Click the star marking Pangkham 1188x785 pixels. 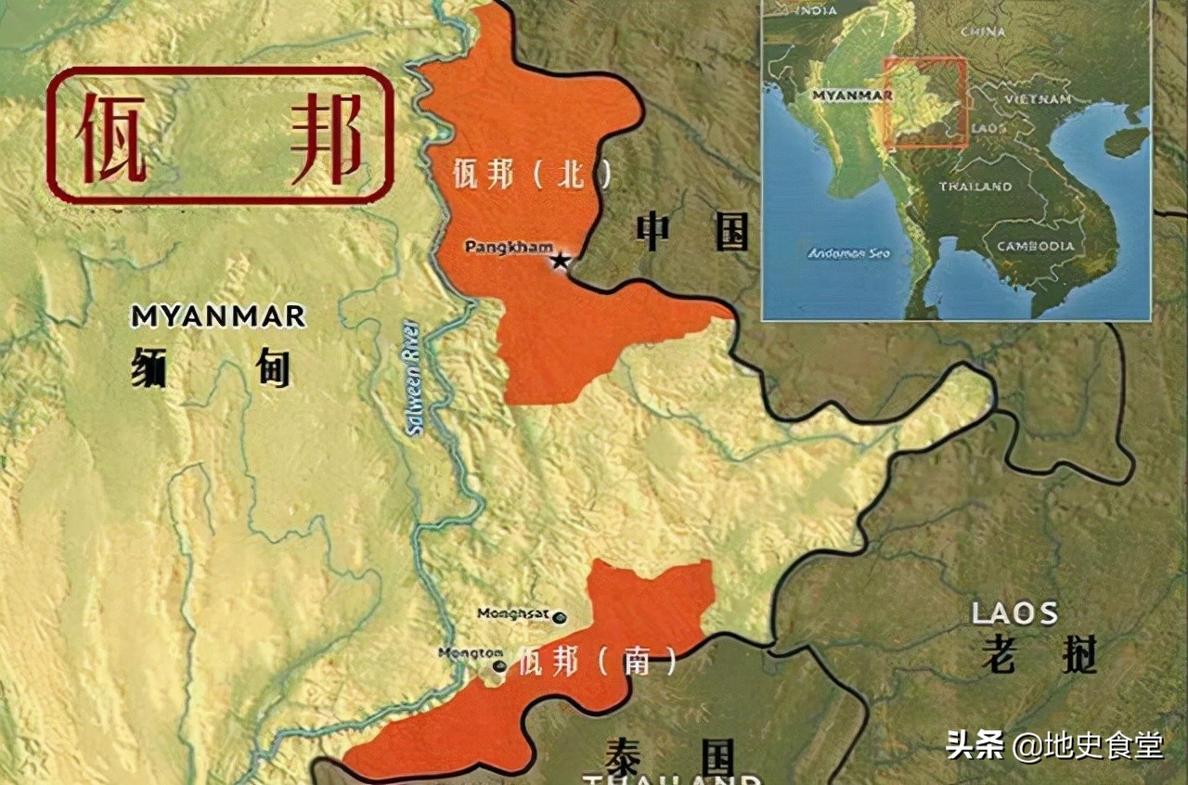click(x=560, y=261)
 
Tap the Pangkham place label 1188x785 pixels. click(x=508, y=247)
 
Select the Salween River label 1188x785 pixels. click(x=412, y=378)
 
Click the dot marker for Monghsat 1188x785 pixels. click(x=560, y=616)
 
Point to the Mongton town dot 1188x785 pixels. click(x=500, y=665)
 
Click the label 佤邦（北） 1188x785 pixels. click(x=532, y=174)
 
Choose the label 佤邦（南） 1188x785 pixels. click(x=598, y=661)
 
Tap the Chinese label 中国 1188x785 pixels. click(x=691, y=231)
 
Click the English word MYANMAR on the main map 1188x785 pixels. click(x=218, y=316)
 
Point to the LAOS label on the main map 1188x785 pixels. click(x=1014, y=613)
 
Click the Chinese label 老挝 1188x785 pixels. click(x=1039, y=654)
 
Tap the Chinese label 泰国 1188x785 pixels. click(x=668, y=756)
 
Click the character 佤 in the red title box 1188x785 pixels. click(x=112, y=137)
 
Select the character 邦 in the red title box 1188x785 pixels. click(x=325, y=137)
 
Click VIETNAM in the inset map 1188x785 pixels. click(x=1038, y=98)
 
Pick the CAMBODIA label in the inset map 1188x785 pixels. click(x=1036, y=246)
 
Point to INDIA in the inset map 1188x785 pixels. click(x=818, y=11)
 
